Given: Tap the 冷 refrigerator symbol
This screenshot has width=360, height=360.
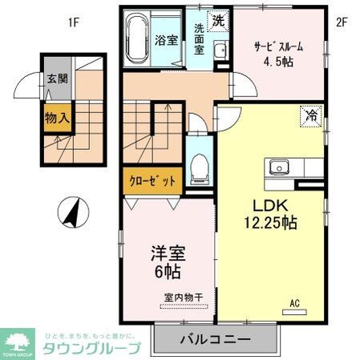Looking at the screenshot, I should point(310,115).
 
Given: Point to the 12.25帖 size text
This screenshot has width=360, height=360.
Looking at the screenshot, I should point(271,222).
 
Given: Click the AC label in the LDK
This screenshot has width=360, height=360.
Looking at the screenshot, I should point(294,304).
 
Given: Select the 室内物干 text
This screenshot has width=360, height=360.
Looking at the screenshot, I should point(184,297).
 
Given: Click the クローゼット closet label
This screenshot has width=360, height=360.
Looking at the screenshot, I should point(152,181).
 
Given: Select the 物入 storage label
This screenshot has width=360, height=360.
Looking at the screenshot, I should point(55,117).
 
